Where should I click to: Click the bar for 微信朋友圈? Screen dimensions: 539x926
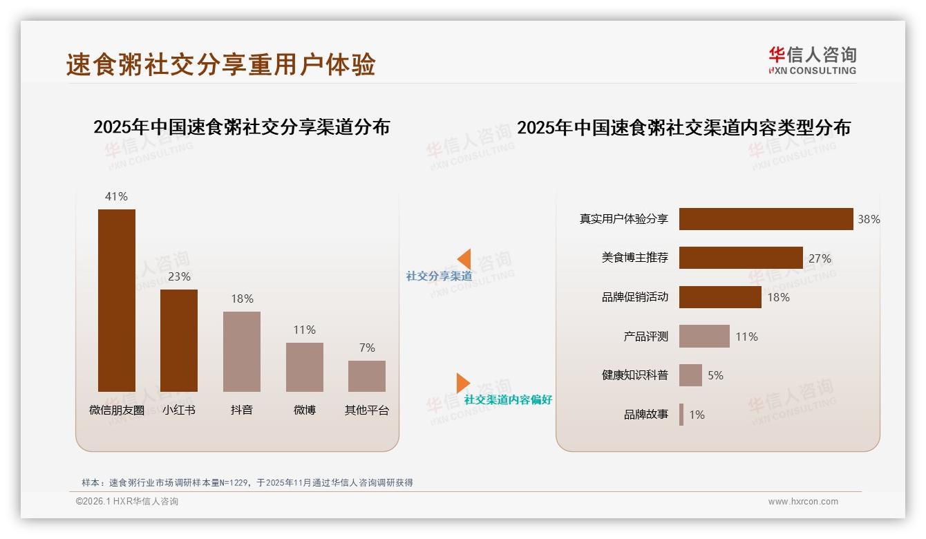pyautogui.click(x=117, y=301)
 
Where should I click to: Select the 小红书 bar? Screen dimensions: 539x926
pyautogui.click(x=179, y=341)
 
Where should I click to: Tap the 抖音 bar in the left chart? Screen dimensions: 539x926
pyautogui.click(x=242, y=352)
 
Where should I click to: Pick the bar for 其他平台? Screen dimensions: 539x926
pyautogui.click(x=367, y=376)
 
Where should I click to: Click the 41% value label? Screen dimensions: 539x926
pyautogui.click(x=116, y=196)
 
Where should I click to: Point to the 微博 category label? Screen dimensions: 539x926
pyautogui.click(x=304, y=410)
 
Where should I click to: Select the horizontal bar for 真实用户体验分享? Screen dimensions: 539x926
pyautogui.click(x=766, y=219)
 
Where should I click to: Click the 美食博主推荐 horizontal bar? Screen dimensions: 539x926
pyautogui.click(x=741, y=258)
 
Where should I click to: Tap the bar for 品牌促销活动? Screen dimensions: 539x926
pyautogui.click(x=720, y=297)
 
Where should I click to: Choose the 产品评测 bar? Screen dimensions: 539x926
pyautogui.click(x=704, y=337)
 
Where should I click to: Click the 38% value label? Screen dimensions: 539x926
pyautogui.click(x=869, y=219)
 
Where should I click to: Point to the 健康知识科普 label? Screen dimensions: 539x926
pyautogui.click(x=635, y=375)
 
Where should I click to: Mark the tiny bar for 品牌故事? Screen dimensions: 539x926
pyautogui.click(x=681, y=415)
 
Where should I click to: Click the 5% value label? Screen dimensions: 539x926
pyautogui.click(x=715, y=375)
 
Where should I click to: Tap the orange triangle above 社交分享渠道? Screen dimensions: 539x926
pyautogui.click(x=465, y=259)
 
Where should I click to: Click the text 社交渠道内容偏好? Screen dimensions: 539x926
pyautogui.click(x=508, y=399)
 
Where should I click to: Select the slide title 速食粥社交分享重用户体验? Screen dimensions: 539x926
pyautogui.click(x=220, y=64)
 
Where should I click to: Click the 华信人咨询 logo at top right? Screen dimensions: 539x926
pyautogui.click(x=812, y=60)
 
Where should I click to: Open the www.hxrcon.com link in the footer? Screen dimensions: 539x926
pyautogui.click(x=803, y=502)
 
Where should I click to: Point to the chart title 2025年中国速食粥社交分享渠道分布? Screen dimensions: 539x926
pyautogui.click(x=241, y=127)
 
